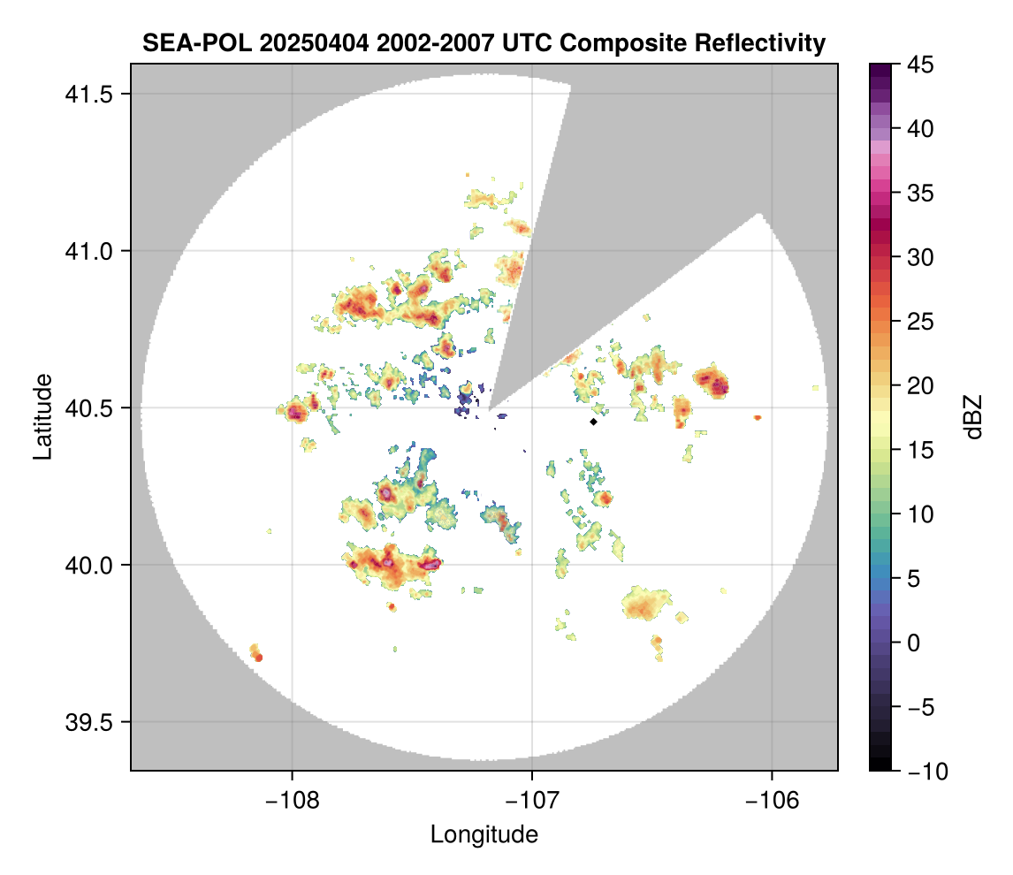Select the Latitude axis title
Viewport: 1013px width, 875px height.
42,416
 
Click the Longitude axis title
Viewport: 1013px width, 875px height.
484,833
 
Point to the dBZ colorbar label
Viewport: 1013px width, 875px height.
973,416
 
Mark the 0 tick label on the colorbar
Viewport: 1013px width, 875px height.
910,643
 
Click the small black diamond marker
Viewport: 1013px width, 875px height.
594,422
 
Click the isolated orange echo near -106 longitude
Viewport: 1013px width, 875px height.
758,417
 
